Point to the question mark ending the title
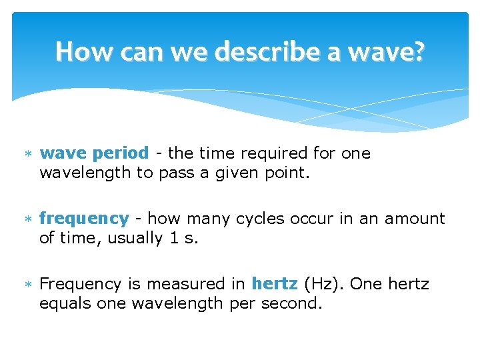point(417,51)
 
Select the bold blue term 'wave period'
point(94,153)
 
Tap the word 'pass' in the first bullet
point(177,174)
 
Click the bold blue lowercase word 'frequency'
point(84,219)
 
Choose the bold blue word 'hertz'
point(274,284)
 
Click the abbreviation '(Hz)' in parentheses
point(323,284)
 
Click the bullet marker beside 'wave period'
point(28,154)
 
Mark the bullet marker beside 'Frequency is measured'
point(28,285)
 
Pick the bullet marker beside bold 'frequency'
point(28,219)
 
